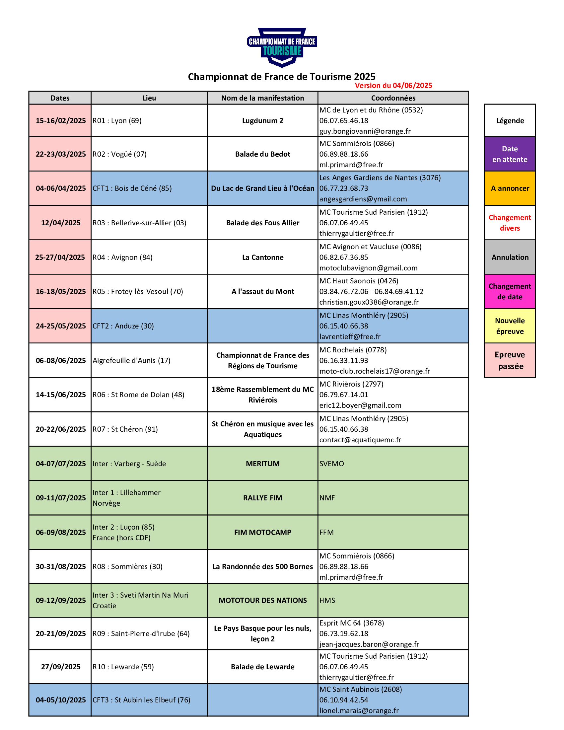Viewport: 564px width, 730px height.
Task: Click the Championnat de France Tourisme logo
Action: [x=282, y=47]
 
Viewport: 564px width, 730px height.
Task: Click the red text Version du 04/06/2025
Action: [x=393, y=86]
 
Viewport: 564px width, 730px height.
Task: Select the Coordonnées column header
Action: [x=393, y=98]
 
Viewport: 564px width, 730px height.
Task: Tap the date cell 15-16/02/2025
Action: [x=60, y=120]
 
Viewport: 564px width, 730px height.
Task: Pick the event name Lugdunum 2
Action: [x=263, y=121]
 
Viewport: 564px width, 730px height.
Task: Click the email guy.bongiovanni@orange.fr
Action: [x=365, y=131]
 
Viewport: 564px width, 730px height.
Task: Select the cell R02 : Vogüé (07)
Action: [x=149, y=154]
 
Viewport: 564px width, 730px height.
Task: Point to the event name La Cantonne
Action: [x=263, y=257]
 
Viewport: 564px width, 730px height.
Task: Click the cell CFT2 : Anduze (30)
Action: [x=149, y=326]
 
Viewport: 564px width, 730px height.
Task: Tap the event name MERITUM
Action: [x=263, y=464]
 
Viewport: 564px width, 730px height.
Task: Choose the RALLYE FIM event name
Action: [x=263, y=498]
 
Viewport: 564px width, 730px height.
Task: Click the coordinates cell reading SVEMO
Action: [x=393, y=464]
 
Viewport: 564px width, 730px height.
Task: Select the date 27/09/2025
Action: [x=60, y=667]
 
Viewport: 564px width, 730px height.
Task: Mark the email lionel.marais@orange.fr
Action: [x=359, y=711]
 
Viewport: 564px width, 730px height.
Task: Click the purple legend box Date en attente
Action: [x=510, y=154]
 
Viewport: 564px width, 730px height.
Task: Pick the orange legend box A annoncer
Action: [x=510, y=188]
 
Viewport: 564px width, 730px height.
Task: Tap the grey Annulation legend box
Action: [x=510, y=257]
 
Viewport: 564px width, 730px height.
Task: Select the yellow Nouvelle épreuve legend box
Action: [x=510, y=326]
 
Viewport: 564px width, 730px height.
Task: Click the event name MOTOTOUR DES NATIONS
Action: [x=263, y=600]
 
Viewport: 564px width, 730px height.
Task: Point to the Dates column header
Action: [x=60, y=98]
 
